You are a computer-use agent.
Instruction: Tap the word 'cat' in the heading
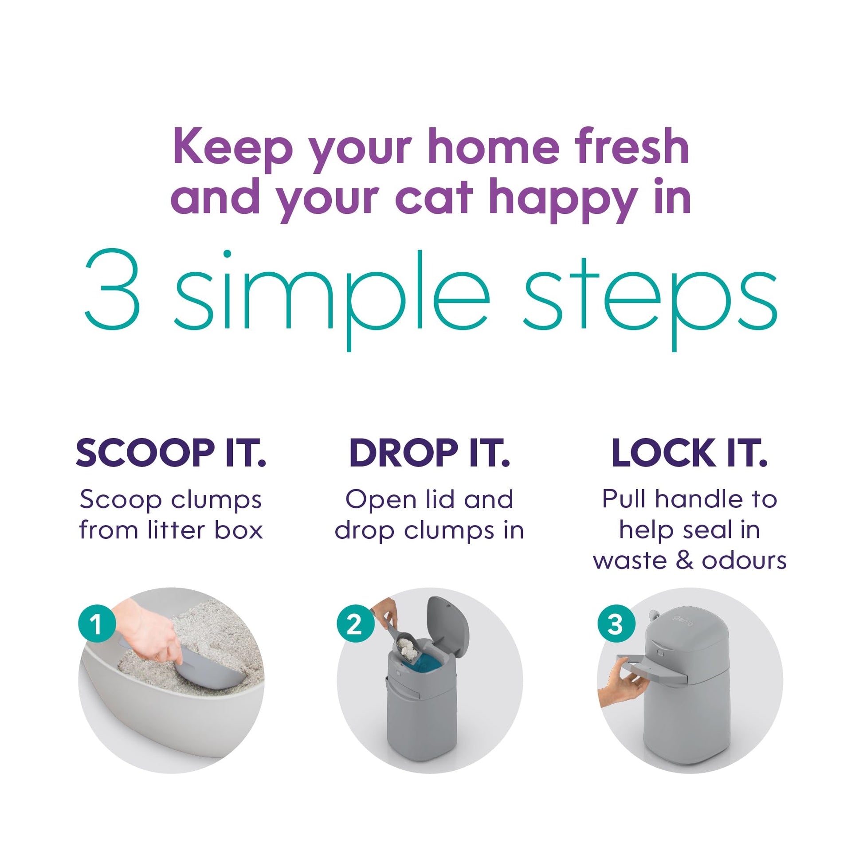coord(433,197)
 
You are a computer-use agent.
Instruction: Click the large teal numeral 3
coord(113,290)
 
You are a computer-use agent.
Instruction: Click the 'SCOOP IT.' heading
coord(171,453)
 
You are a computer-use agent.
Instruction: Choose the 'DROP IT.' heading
coord(429,453)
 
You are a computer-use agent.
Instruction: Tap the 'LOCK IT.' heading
coord(689,453)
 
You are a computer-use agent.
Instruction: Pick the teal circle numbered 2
coord(355,624)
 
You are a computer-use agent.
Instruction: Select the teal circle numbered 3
coord(616,624)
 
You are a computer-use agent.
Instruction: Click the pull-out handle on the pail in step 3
coord(657,669)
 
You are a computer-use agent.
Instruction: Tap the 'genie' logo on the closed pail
coord(683,620)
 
